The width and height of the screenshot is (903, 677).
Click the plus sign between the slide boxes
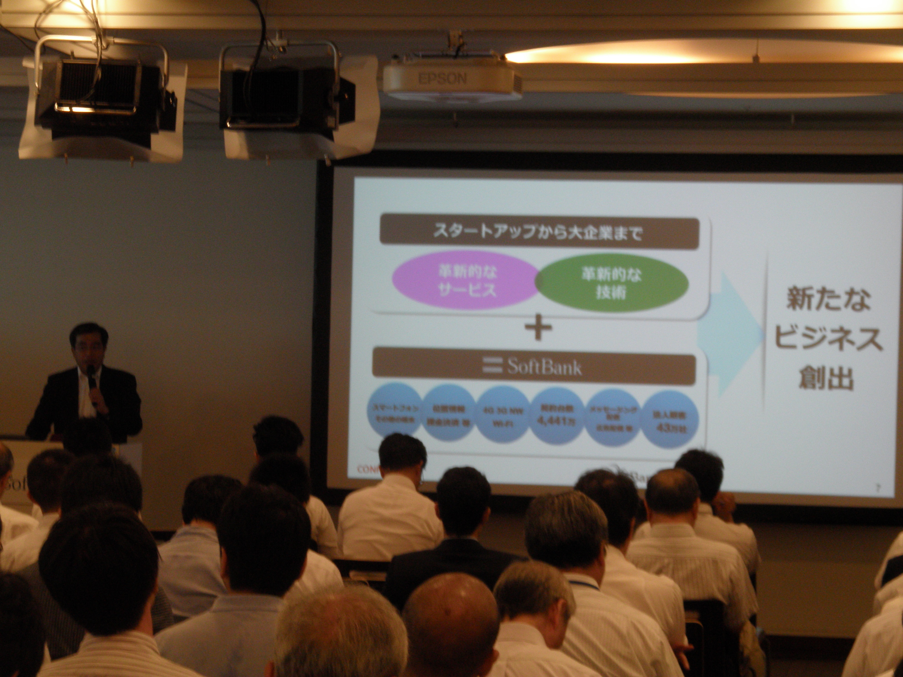538,329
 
